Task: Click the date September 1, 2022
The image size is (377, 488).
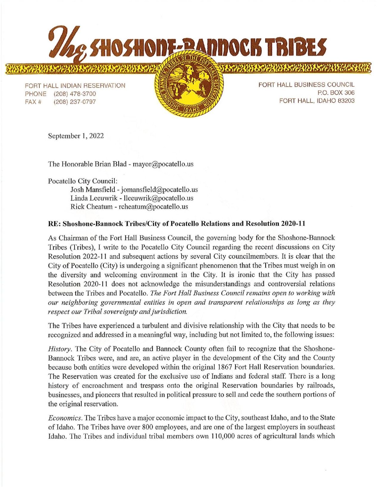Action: [76, 136]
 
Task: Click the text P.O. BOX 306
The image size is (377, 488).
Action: [337, 93]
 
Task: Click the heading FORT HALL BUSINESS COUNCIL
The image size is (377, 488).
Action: [306, 85]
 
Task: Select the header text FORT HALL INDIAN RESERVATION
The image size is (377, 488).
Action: [75, 86]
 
